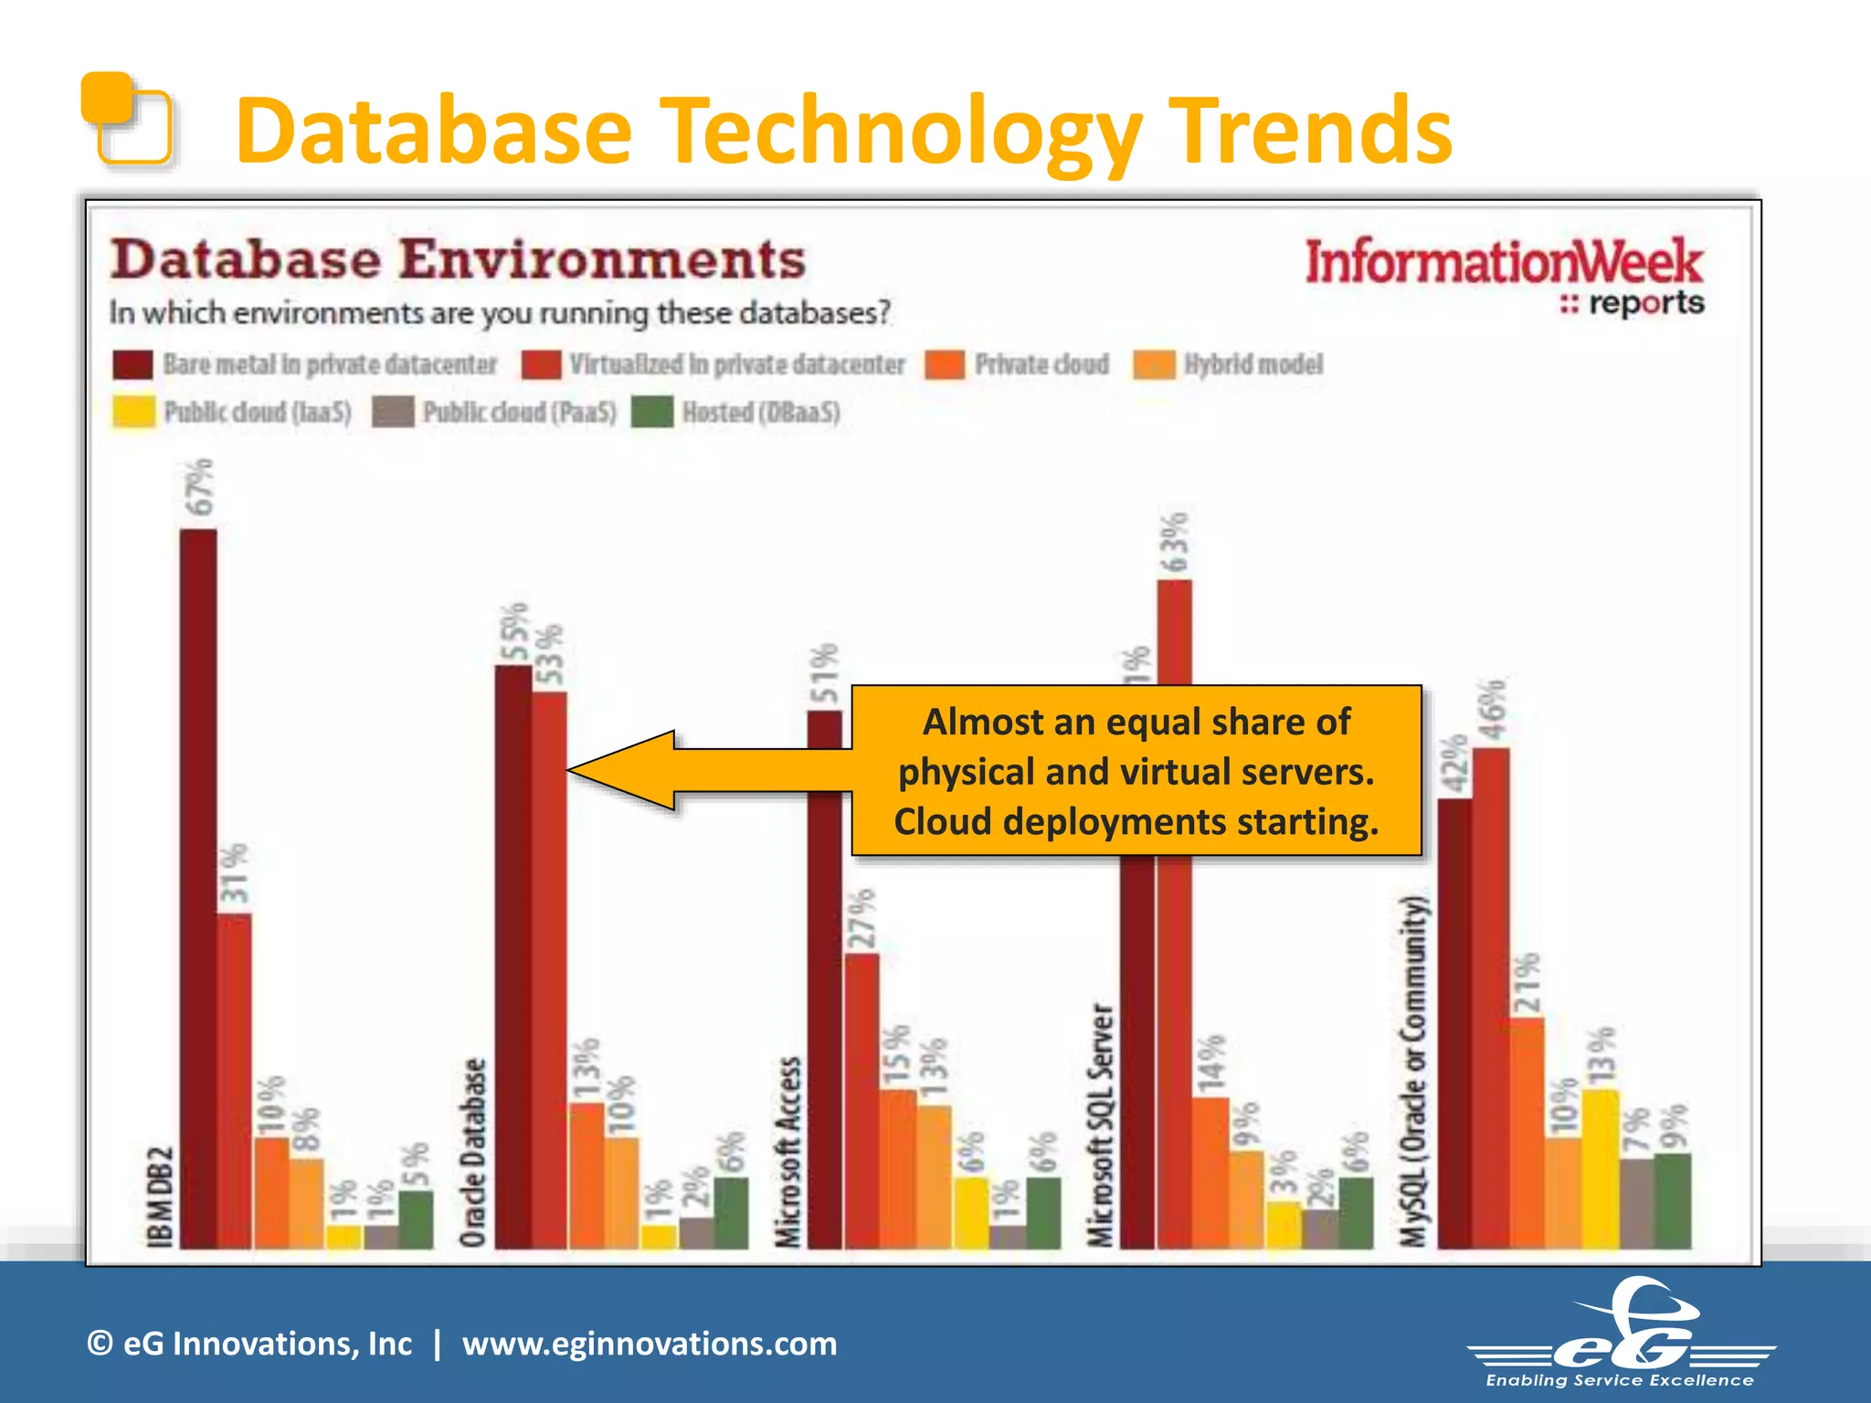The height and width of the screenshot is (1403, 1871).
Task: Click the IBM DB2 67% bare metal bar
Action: [198, 886]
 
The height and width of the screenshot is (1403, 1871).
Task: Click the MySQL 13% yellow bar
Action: [1601, 1168]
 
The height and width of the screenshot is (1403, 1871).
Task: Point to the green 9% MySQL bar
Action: [1673, 1200]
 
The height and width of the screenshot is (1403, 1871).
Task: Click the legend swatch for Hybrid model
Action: [1154, 364]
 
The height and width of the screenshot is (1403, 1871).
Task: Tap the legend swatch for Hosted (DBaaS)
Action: [652, 412]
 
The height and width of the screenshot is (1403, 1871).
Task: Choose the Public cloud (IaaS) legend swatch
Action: [133, 412]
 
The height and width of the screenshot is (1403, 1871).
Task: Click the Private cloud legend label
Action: [1041, 364]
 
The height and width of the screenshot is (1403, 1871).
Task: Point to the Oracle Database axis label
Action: [472, 1153]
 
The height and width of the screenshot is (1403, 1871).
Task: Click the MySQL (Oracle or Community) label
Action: [1413, 1071]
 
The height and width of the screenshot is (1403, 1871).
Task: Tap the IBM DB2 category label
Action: [160, 1196]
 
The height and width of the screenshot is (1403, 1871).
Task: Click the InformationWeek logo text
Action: [1503, 263]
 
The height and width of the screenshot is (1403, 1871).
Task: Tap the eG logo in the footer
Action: [1622, 1334]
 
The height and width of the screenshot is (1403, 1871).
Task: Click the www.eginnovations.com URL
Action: [649, 1344]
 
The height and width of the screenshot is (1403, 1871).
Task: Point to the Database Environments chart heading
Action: [458, 259]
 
